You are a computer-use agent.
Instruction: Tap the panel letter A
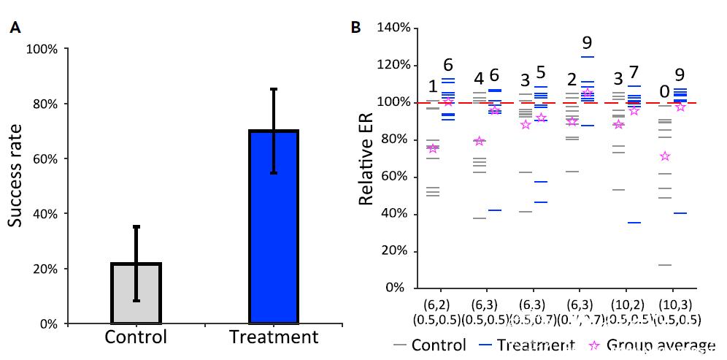(x=15, y=28)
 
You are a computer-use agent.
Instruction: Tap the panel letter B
(x=356, y=28)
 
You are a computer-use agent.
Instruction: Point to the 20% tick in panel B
(x=397, y=251)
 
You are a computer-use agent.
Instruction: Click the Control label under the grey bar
(x=136, y=337)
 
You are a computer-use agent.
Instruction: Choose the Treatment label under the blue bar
(x=274, y=337)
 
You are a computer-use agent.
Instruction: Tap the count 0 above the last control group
(x=664, y=91)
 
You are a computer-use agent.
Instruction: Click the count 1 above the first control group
(x=433, y=87)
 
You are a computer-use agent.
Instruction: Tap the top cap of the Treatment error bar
(x=274, y=89)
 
